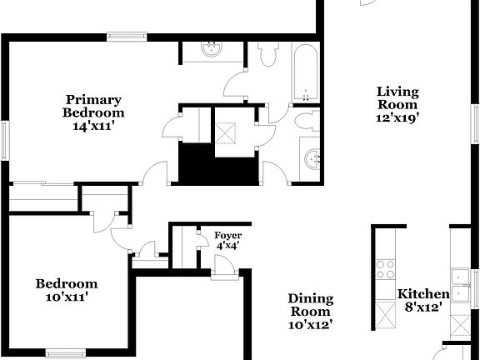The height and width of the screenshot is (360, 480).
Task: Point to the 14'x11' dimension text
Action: click(x=94, y=127)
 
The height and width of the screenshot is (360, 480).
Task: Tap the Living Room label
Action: click(x=397, y=97)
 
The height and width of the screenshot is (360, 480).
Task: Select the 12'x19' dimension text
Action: click(x=397, y=118)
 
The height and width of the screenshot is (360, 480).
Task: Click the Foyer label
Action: click(x=227, y=235)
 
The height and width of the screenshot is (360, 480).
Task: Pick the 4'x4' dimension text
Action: click(x=227, y=246)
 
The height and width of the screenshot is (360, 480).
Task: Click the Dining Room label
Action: click(x=310, y=305)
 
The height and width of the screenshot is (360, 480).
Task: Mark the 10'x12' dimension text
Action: click(x=310, y=325)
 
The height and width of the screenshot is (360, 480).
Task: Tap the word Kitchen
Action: click(x=422, y=294)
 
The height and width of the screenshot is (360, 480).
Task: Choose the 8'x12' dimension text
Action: click(x=422, y=307)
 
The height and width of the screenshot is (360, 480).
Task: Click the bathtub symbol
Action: click(x=304, y=74)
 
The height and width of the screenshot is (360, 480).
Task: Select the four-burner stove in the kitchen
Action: click(x=385, y=268)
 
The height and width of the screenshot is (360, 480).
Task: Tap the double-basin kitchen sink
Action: click(x=462, y=277)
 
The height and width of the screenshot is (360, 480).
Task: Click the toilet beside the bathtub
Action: click(x=268, y=55)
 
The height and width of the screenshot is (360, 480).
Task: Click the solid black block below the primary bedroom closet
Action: click(x=219, y=164)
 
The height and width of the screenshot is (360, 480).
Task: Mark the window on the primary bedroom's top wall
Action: click(x=127, y=35)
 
